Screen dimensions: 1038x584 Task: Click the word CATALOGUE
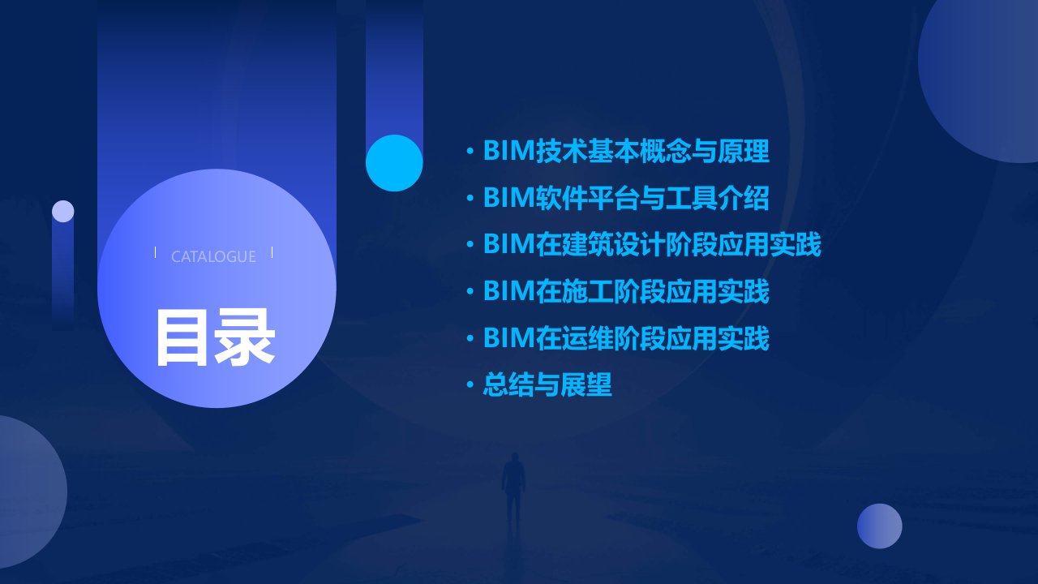(213, 256)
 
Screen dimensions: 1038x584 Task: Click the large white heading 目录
(216, 337)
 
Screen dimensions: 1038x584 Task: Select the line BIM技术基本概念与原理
(627, 151)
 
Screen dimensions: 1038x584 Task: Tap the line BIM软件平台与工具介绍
(627, 198)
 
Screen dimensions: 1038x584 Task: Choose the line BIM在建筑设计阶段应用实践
(652, 244)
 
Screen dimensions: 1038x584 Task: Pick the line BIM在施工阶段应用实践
(627, 291)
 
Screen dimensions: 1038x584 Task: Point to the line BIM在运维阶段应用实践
(627, 338)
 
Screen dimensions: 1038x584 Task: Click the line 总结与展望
(547, 384)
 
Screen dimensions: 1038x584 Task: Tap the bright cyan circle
(394, 163)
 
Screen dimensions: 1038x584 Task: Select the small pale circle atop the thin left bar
(63, 212)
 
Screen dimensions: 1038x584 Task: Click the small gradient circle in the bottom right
(880, 526)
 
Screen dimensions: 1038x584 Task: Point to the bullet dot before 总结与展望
(470, 384)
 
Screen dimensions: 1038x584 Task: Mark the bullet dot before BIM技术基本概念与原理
(470, 151)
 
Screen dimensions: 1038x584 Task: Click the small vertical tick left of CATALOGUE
(155, 252)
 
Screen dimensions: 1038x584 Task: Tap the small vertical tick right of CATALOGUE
(272, 252)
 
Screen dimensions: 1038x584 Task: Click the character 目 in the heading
(182, 337)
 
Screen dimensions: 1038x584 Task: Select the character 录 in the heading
(245, 337)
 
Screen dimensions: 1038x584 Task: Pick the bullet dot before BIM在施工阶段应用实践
(470, 291)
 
